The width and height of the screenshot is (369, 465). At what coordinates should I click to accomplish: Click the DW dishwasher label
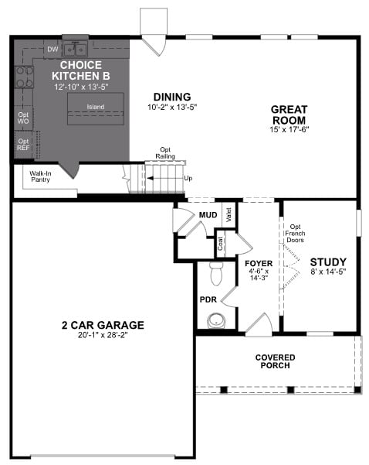pyautogui.click(x=52, y=50)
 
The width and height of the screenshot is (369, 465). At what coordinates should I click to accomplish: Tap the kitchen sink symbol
pyautogui.click(x=75, y=50)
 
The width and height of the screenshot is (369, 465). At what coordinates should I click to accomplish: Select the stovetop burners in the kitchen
pyautogui.click(x=25, y=77)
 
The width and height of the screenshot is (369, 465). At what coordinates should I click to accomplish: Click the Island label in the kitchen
pyautogui.click(x=95, y=107)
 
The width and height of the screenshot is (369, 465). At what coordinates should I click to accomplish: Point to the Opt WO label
pyautogui.click(x=23, y=118)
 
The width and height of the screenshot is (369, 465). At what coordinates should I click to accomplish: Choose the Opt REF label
pyautogui.click(x=23, y=145)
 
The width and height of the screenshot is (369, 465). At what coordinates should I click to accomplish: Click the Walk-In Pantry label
pyautogui.click(x=41, y=176)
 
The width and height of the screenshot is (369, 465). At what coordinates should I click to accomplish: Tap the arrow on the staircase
pyautogui.click(x=165, y=178)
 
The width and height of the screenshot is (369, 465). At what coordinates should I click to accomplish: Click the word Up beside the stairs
pyautogui.click(x=188, y=178)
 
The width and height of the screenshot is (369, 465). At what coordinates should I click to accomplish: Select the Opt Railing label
pyautogui.click(x=165, y=153)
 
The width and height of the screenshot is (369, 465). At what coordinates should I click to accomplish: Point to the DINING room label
pyautogui.click(x=172, y=97)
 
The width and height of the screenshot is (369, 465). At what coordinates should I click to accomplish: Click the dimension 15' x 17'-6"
pyautogui.click(x=289, y=129)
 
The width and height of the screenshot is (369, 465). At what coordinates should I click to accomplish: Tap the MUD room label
pyautogui.click(x=208, y=215)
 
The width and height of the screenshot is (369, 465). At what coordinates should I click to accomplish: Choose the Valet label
pyautogui.click(x=229, y=215)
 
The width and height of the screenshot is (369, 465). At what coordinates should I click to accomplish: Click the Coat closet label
pyautogui.click(x=221, y=244)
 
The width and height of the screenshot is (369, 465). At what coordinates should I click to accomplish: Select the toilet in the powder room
pyautogui.click(x=217, y=274)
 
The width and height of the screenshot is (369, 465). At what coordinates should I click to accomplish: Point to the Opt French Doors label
pyautogui.click(x=295, y=234)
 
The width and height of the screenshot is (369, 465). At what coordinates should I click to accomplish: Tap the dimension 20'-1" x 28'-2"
pyautogui.click(x=103, y=335)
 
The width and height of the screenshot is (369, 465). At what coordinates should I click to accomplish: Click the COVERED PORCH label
pyautogui.click(x=275, y=361)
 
